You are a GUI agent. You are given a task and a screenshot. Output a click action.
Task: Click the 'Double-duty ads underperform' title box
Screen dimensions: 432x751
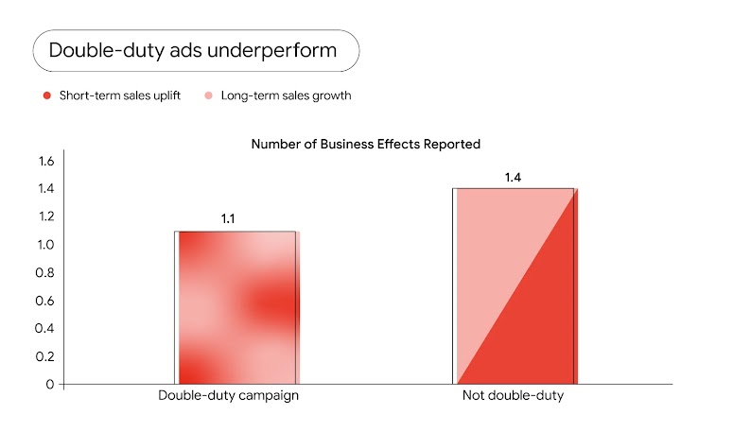pyautogui.click(x=195, y=50)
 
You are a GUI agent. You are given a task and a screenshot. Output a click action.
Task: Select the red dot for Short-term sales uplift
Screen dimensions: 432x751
pyautogui.click(x=46, y=95)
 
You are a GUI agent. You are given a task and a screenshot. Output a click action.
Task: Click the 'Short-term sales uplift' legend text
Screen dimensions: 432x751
pyautogui.click(x=119, y=95)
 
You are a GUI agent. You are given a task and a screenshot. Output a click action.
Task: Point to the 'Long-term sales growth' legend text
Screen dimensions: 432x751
pyautogui.click(x=286, y=95)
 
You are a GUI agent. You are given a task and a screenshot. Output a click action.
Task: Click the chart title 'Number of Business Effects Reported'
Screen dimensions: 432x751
pyautogui.click(x=366, y=145)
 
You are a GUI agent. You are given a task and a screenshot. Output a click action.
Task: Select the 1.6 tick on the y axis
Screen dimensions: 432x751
pyautogui.click(x=46, y=161)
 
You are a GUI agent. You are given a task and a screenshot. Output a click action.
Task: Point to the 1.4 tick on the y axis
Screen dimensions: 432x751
pyautogui.click(x=46, y=189)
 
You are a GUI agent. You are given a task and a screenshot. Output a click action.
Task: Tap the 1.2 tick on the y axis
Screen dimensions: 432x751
pyautogui.click(x=46, y=216)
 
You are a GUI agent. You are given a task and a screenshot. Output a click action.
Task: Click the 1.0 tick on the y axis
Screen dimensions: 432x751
pyautogui.click(x=46, y=245)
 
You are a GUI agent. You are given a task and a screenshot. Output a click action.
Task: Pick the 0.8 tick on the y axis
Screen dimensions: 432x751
pyautogui.click(x=46, y=272)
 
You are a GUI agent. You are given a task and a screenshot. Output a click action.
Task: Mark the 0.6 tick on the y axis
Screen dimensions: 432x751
pyautogui.click(x=46, y=301)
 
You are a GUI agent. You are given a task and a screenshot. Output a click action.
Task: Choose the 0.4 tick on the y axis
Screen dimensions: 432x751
pyautogui.click(x=46, y=328)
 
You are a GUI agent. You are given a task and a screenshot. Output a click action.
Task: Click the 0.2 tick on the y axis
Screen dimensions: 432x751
pyautogui.click(x=46, y=356)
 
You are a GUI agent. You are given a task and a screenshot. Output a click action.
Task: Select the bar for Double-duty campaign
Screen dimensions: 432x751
pyautogui.click(x=236, y=307)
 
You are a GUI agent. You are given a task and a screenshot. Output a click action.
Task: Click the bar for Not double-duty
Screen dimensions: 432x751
pyautogui.click(x=515, y=286)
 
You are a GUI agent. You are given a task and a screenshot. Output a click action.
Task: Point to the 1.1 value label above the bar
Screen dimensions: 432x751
pyautogui.click(x=228, y=219)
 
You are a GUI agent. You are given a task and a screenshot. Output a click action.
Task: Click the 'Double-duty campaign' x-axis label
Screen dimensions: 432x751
pyautogui.click(x=229, y=396)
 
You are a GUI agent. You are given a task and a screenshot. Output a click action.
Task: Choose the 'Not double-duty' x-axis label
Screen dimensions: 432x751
pyautogui.click(x=513, y=396)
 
